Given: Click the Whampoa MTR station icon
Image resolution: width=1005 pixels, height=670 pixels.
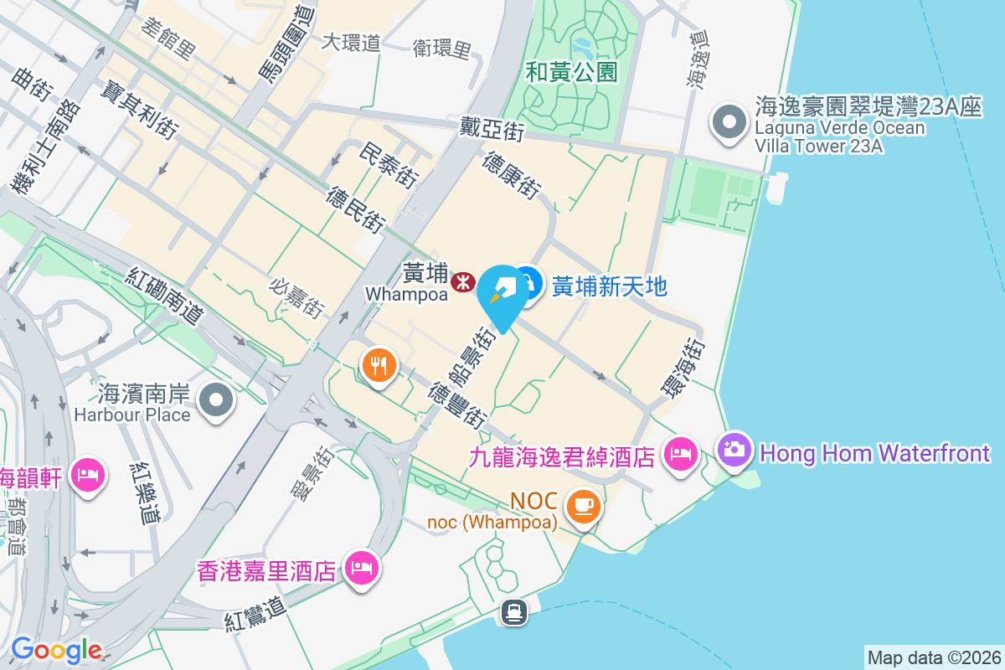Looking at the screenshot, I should click(462, 283).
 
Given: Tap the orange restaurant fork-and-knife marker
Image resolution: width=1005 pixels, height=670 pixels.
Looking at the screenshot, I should click(379, 366).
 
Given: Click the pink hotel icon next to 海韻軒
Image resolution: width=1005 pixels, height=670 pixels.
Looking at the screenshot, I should click(88, 476).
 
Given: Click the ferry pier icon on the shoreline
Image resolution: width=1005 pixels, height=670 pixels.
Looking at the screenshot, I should click(513, 612).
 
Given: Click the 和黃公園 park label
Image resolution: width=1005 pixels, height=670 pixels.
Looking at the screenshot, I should click(572, 72).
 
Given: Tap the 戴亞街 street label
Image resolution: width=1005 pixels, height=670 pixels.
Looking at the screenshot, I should click(492, 129).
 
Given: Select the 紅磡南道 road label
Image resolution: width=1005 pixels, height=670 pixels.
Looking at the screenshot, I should click(167, 296).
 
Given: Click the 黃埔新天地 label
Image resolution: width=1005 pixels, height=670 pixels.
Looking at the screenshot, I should click(610, 286).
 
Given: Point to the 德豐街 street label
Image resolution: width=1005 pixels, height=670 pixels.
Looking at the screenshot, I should click(457, 405).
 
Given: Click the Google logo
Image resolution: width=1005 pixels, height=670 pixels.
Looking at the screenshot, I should click(56, 650).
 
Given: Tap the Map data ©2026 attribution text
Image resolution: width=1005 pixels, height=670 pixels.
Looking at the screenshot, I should click(933, 657).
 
